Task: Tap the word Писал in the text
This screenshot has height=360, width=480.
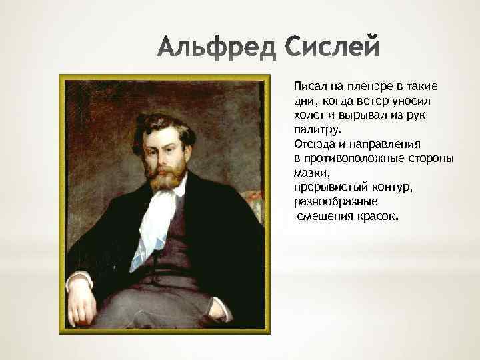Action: point(309,87)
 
